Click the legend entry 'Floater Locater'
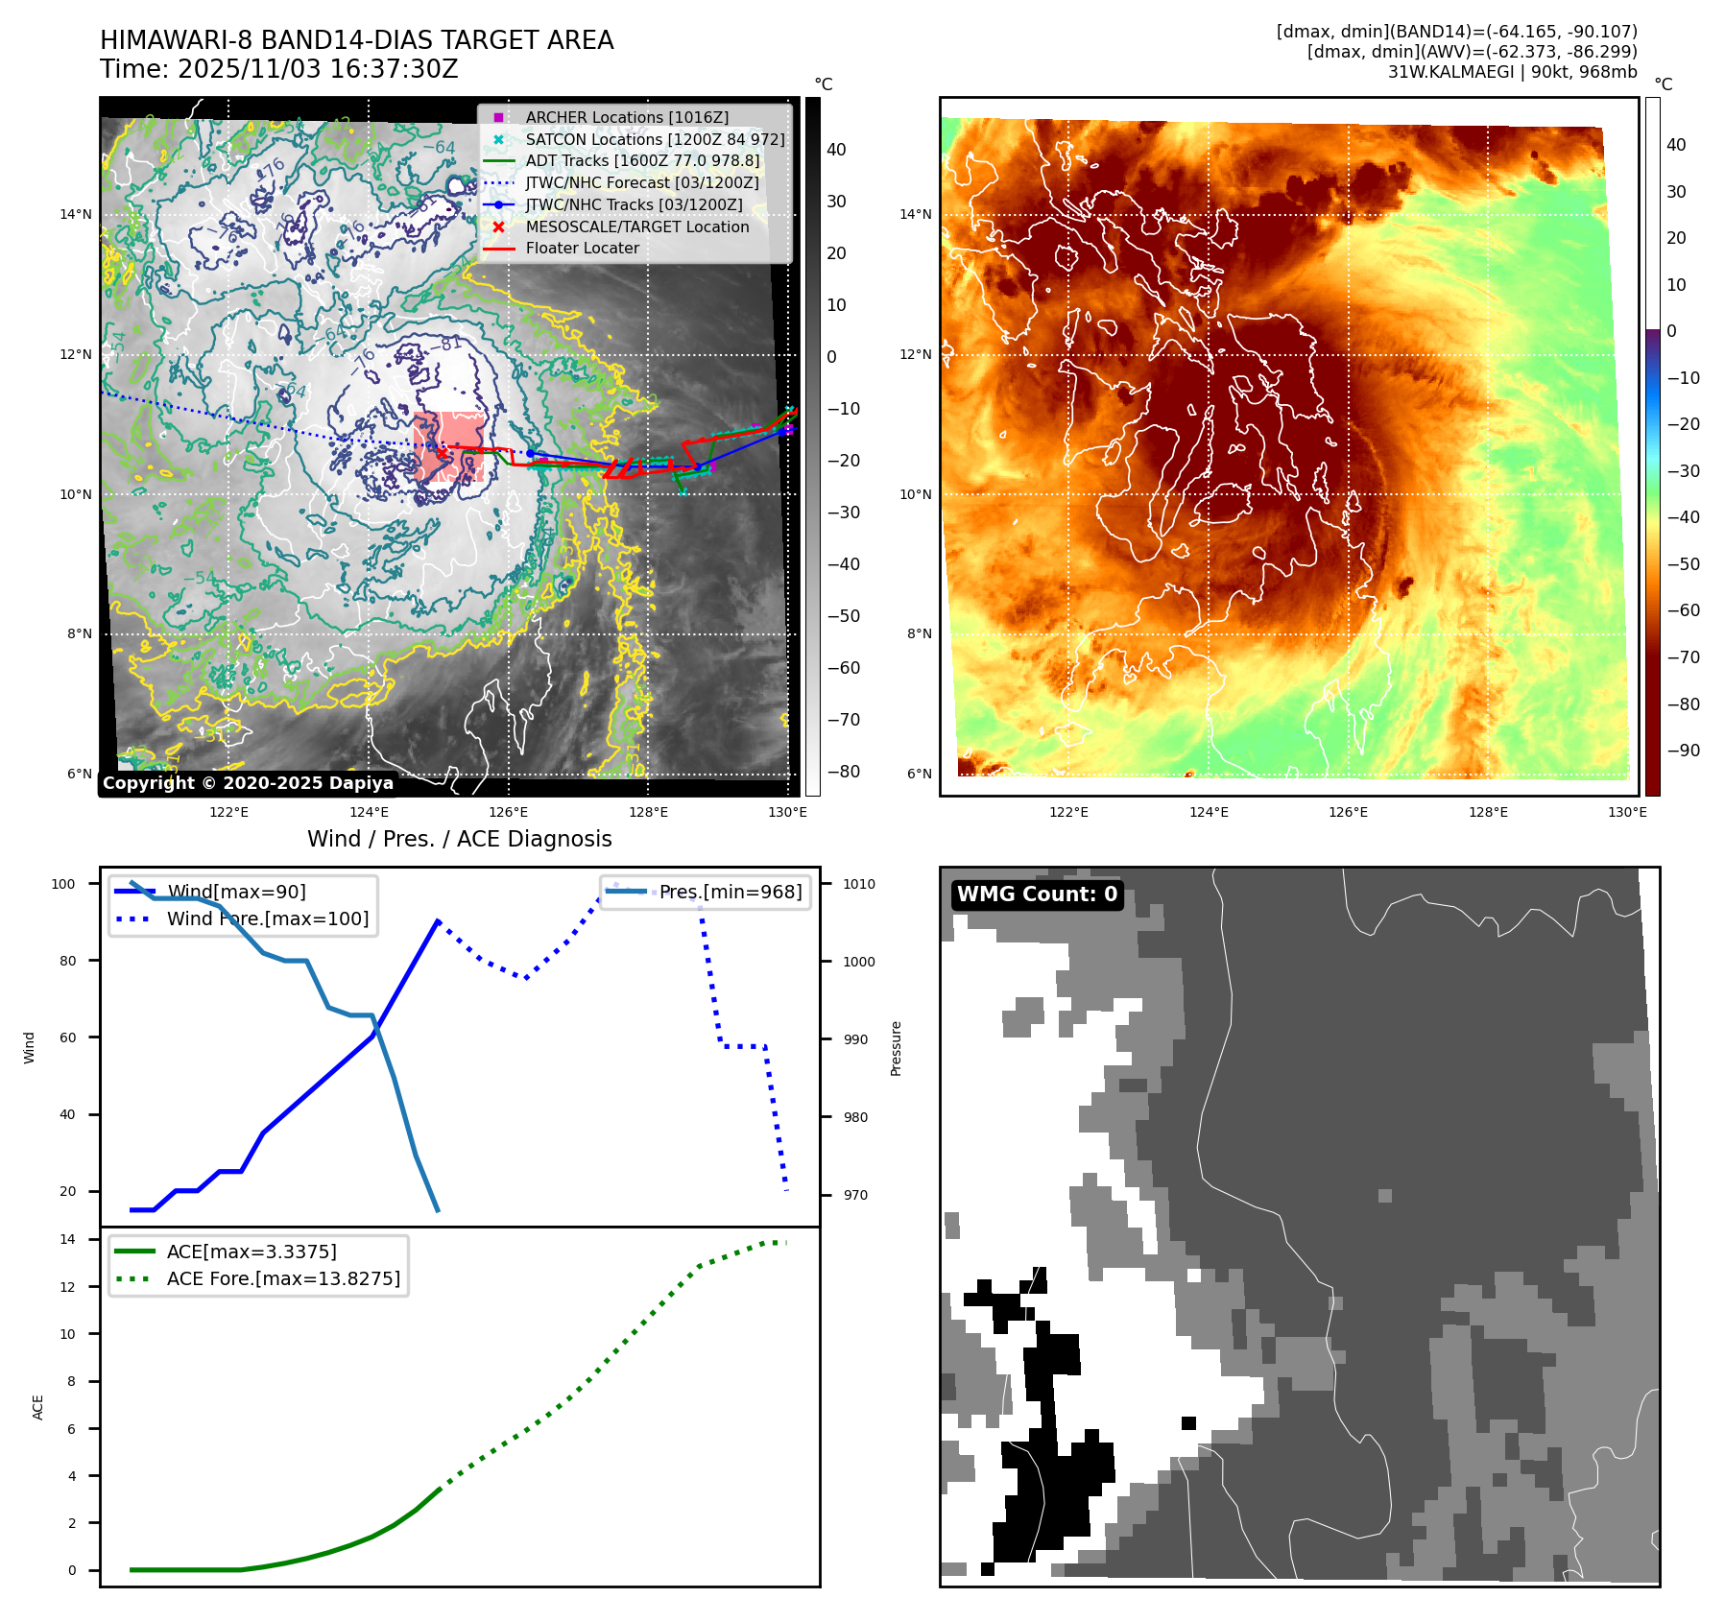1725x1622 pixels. point(582,249)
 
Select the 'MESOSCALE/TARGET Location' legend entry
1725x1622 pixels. point(636,227)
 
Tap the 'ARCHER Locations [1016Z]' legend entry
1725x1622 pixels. point(626,117)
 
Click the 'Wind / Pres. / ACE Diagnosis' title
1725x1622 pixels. point(459,839)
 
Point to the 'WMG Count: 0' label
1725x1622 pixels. point(1037,894)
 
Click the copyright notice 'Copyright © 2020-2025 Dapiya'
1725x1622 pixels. point(248,783)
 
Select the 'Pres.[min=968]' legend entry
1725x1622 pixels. point(730,892)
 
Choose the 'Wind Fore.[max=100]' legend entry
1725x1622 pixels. point(267,918)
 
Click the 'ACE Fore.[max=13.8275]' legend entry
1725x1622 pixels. point(283,1278)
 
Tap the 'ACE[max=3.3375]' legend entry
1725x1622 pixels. point(252,1252)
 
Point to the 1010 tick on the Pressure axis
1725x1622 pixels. point(859,884)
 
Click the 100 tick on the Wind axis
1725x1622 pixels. point(63,884)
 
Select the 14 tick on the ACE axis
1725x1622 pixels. point(67,1239)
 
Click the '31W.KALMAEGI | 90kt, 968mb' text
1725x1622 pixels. point(1512,72)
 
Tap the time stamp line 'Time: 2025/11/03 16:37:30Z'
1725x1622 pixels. point(278,70)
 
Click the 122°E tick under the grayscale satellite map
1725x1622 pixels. point(228,813)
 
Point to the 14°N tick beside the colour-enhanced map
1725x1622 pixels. point(915,214)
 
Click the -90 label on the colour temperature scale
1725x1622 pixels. point(1683,751)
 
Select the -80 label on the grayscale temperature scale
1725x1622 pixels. point(844,772)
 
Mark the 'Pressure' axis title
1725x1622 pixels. point(896,1048)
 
